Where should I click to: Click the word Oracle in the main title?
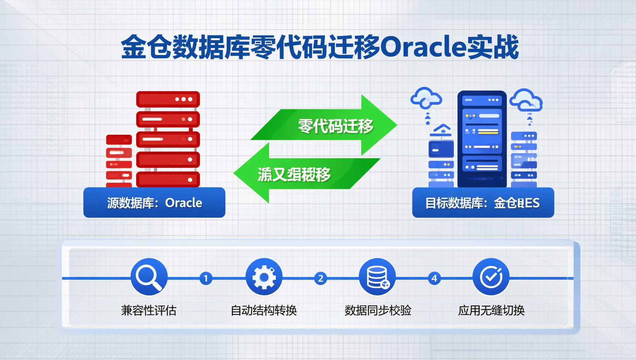tap(423, 48)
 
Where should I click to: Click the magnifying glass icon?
tap(149, 277)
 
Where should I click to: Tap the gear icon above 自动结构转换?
tap(264, 277)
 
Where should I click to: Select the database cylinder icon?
tap(377, 277)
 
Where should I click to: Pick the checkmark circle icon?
tap(491, 277)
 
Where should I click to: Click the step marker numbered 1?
tap(205, 279)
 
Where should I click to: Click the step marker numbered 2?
tap(320, 279)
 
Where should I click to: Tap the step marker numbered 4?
tap(434, 279)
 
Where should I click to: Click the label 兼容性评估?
tap(149, 310)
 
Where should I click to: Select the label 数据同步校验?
tap(378, 310)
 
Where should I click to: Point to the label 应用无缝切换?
tap(491, 310)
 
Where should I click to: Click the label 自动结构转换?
tap(264, 310)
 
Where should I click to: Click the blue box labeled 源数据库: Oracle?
tap(154, 203)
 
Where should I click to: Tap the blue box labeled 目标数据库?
tap(483, 203)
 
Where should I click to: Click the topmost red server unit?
tap(168, 99)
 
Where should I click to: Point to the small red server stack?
tap(119, 160)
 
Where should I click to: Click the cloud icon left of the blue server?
tap(426, 97)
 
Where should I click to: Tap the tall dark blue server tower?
tap(482, 139)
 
